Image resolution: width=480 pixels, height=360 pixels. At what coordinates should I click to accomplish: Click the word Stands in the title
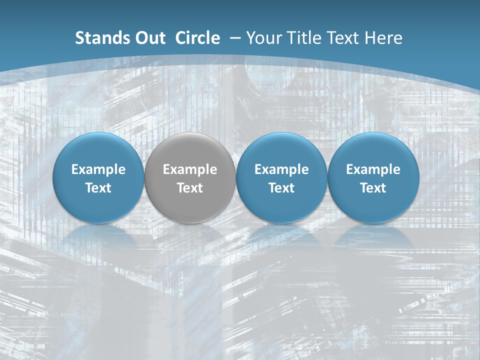tap(97, 38)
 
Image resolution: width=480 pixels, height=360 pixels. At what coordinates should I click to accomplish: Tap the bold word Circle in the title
tap(197, 38)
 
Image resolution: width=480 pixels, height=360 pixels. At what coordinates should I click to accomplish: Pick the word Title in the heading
tap(301, 38)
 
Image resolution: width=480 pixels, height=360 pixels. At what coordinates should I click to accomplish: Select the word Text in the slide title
tap(342, 38)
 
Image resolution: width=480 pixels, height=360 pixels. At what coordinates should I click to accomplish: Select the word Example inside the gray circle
tap(190, 169)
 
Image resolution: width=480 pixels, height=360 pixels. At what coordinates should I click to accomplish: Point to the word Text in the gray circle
tap(190, 188)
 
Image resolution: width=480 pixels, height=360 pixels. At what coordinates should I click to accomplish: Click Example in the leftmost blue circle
tap(98, 169)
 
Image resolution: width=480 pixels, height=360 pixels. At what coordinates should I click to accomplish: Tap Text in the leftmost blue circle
tap(98, 188)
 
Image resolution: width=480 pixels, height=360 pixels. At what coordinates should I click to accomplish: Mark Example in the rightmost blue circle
tap(373, 169)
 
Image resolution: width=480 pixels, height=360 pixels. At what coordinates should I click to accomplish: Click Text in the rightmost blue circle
tap(373, 188)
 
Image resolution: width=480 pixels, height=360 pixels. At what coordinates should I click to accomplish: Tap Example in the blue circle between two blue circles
tap(281, 169)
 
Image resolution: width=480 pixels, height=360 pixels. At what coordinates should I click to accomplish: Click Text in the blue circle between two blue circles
tap(281, 188)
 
